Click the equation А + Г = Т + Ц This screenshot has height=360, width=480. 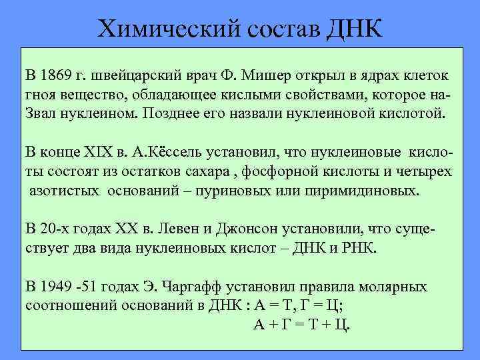[303, 325]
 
